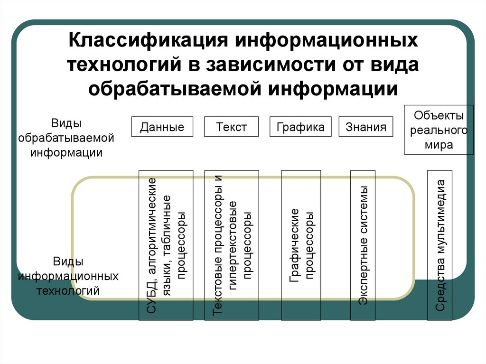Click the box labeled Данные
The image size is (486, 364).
tap(162, 127)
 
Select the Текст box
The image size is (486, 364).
tap(232, 127)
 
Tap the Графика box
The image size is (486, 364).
tap(301, 127)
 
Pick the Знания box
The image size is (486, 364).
tap(366, 127)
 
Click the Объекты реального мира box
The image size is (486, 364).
tap(439, 130)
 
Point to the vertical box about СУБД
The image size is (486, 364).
tap(166, 245)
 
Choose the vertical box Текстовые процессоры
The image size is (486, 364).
tap(232, 245)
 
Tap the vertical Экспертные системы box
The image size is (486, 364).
tap(364, 245)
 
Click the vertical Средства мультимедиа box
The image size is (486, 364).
tap(440, 245)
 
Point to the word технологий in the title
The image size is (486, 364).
tap(122, 65)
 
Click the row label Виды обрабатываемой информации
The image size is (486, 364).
tap(67, 138)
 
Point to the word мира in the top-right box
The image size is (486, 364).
tap(439, 145)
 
